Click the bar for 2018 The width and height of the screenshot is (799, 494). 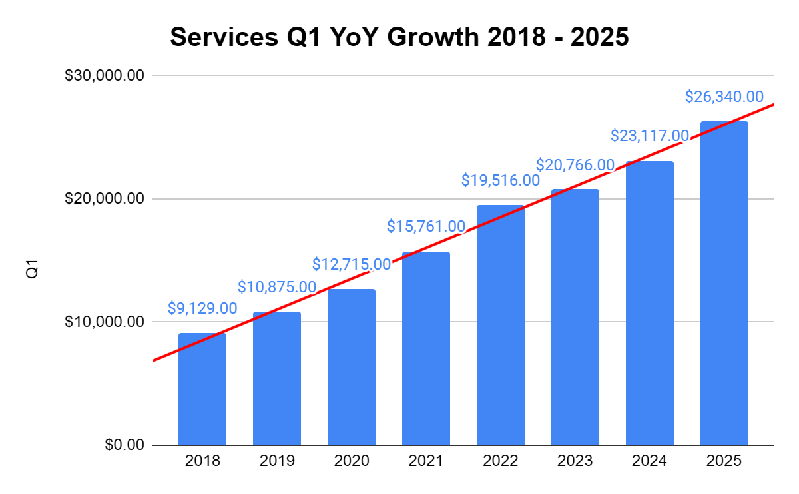pos(202,389)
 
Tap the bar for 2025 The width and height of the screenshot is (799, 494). pos(724,283)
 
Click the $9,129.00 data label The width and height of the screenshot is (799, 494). pos(202,308)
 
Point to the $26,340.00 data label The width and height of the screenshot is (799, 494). pos(724,97)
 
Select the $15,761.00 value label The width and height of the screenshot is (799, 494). pos(426,226)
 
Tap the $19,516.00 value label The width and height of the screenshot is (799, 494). pos(501,180)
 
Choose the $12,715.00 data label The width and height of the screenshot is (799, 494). pos(352,264)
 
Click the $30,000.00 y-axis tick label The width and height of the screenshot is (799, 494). pos(105,75)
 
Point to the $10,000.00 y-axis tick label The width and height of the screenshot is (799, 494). pos(105,322)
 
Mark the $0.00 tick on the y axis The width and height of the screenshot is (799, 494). pos(125,445)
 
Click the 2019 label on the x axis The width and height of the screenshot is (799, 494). pos(277,461)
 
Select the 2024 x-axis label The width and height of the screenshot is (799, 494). pos(650,461)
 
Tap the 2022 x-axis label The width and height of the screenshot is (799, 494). pos(501,461)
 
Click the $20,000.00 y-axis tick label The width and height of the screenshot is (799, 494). pos(105,198)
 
